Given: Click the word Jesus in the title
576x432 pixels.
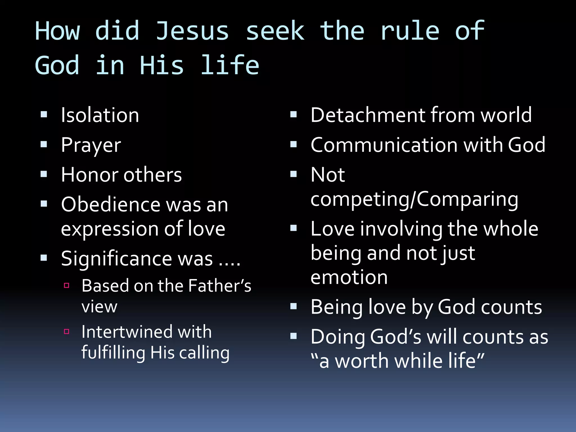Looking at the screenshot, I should [x=192, y=31].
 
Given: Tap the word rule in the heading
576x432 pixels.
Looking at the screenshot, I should [x=410, y=31].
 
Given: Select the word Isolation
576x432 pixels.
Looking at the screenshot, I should [x=100, y=115].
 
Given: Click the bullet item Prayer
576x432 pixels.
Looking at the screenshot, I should [x=91, y=145].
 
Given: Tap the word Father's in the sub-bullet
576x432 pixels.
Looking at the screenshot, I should [x=220, y=286].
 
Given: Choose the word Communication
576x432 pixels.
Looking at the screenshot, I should [x=384, y=145].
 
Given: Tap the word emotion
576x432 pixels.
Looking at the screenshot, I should [x=349, y=277].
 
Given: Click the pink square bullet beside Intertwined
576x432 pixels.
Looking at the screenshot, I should [x=67, y=332].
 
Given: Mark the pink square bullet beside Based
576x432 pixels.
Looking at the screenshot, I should [x=67, y=286].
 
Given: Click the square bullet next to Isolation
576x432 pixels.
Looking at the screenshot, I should [x=44, y=114].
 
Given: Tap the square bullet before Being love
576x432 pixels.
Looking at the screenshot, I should [x=294, y=306].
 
